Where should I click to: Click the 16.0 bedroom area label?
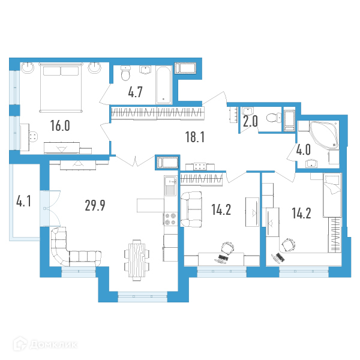pyautogui.click(x=60, y=126)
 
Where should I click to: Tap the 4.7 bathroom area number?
pyautogui.click(x=135, y=92)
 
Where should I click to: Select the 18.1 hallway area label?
pyautogui.click(x=194, y=137)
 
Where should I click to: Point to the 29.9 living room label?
pyautogui.click(x=95, y=205)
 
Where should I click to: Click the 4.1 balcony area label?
pyautogui.click(x=23, y=202)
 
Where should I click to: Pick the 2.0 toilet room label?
pyautogui.click(x=250, y=122)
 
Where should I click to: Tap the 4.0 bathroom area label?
pyautogui.click(x=303, y=150)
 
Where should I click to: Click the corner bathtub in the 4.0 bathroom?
pyautogui.click(x=324, y=135)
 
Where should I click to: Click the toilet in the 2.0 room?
pyautogui.click(x=274, y=118)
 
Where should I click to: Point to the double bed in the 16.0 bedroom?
pyautogui.click(x=61, y=88)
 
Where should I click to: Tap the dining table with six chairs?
pyautogui.click(x=137, y=260)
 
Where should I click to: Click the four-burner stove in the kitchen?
pyautogui.click(x=170, y=219)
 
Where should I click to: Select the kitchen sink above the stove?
pyautogui.click(x=170, y=186)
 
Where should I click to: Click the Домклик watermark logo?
pyautogui.click(x=45, y=344)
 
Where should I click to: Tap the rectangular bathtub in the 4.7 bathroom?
pyautogui.click(x=164, y=85)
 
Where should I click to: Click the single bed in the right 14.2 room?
pyautogui.click(x=332, y=195)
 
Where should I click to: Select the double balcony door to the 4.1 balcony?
pyautogui.click(x=50, y=208)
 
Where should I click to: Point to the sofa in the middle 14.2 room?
pyautogui.click(x=191, y=209)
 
